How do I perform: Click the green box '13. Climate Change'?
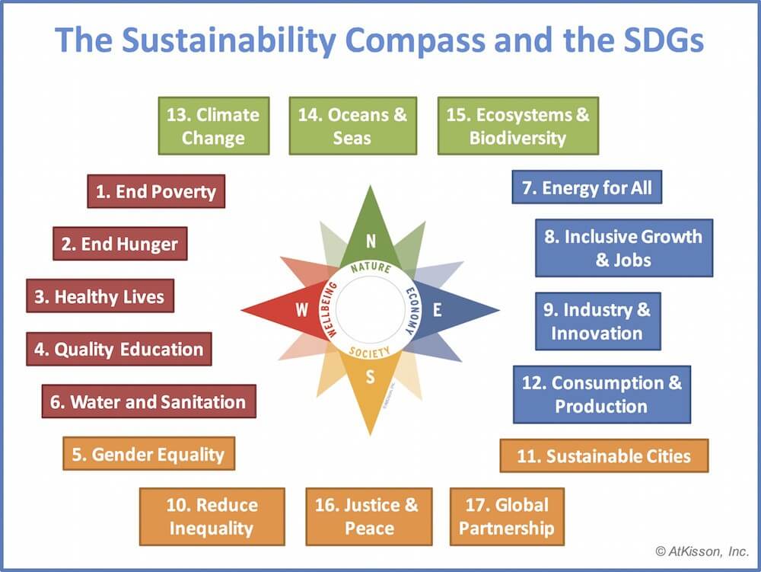[x=213, y=126]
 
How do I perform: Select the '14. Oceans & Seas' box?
[x=352, y=126]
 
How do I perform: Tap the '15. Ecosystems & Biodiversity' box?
[x=517, y=126]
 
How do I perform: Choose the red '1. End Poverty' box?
[x=156, y=191]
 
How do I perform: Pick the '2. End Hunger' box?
[x=119, y=244]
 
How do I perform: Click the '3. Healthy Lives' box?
[x=100, y=296]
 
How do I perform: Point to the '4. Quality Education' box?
[x=119, y=349]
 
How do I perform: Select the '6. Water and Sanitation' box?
[x=148, y=401]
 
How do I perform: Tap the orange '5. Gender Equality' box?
[x=148, y=455]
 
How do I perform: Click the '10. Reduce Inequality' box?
[x=212, y=516]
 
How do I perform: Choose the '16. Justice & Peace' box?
[x=368, y=516]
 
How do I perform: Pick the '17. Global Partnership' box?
[x=507, y=516]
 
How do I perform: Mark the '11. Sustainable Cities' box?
[x=603, y=456]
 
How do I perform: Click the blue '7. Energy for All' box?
[x=587, y=187]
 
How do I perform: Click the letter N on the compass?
[x=371, y=241]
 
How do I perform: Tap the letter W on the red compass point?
[x=302, y=310]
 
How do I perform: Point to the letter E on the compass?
[x=438, y=310]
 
